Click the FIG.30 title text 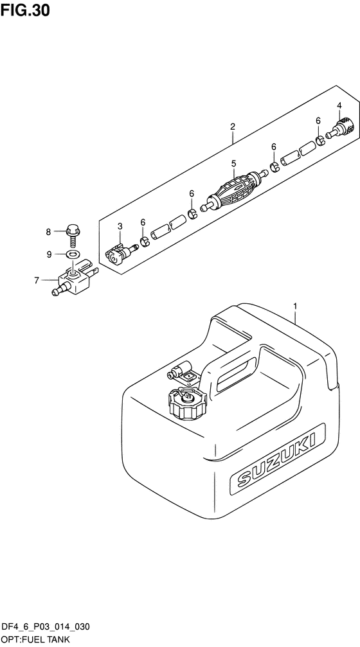tap(25, 10)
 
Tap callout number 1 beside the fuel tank tap(295, 306)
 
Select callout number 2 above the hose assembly tap(233, 127)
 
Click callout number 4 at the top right tap(339, 105)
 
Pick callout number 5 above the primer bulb tap(233, 164)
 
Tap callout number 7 tap(37, 281)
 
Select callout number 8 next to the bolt tap(48, 232)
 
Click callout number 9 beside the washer tap(49, 254)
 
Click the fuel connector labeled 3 tap(120, 254)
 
